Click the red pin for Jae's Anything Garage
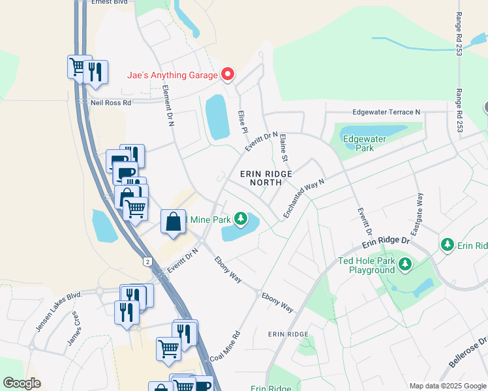(228, 74)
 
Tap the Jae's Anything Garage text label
(172, 76)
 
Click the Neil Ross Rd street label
(111, 102)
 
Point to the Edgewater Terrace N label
(387, 112)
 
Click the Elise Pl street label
(242, 121)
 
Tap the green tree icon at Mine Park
(241, 218)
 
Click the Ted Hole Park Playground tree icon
(406, 264)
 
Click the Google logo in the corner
(22, 383)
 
